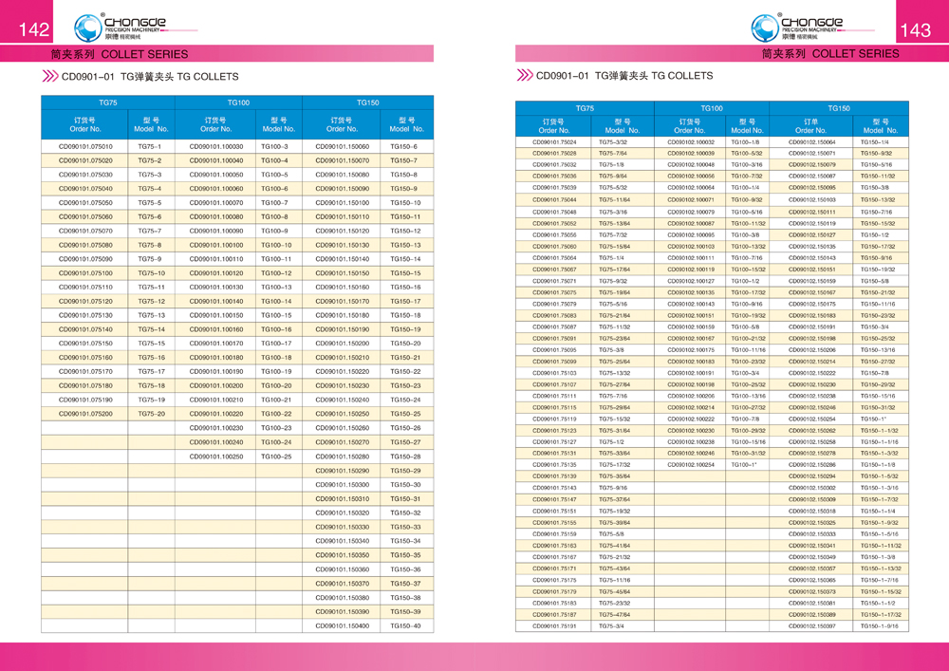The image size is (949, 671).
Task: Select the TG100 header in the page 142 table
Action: tap(237, 102)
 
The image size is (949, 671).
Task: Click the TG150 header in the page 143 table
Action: tap(838, 108)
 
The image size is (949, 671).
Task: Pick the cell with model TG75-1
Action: tap(150, 146)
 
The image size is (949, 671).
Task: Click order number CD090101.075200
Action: tap(85, 414)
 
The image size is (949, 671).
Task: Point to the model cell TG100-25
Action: tap(276, 457)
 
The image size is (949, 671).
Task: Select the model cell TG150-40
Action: tap(405, 625)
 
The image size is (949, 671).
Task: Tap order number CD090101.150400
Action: tap(342, 625)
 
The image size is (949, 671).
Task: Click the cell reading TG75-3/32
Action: tap(613, 141)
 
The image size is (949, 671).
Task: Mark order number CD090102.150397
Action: tap(812, 626)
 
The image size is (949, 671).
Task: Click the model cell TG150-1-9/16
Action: tap(879, 626)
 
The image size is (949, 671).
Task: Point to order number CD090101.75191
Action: tap(555, 626)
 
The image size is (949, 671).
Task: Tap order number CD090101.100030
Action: tap(215, 146)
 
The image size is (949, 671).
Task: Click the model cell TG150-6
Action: tap(405, 146)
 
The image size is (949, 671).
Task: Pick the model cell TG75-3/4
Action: tap(612, 626)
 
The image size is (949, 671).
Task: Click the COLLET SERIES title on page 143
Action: tap(830, 54)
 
